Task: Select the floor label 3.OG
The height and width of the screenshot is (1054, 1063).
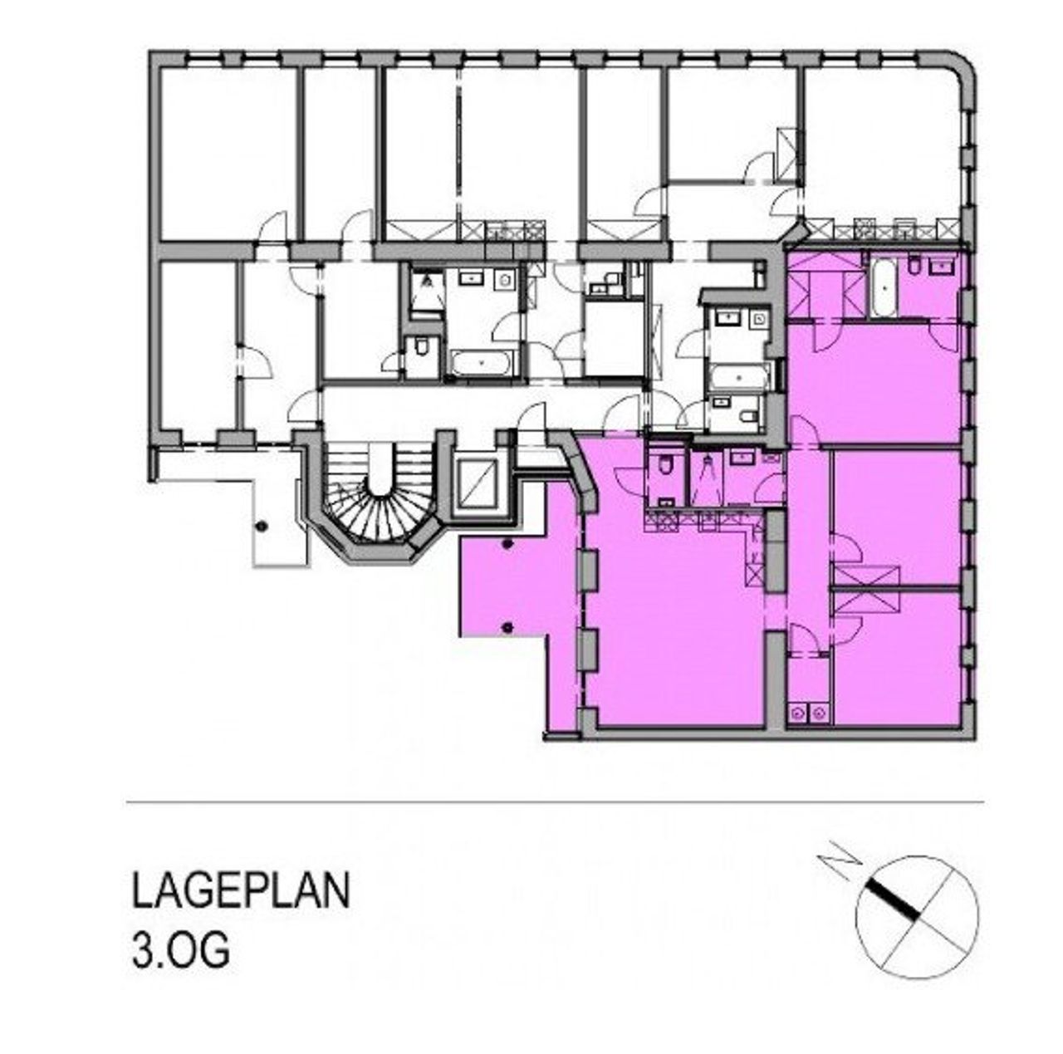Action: click(x=181, y=947)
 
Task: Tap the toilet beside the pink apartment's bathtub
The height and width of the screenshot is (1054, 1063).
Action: click(x=915, y=268)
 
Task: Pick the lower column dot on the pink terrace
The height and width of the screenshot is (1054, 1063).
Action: click(x=508, y=627)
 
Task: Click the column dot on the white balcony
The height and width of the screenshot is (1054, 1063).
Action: click(x=262, y=527)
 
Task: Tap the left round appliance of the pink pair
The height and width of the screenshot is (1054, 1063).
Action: click(x=797, y=713)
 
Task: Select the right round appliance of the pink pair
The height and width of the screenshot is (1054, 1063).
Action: click(x=819, y=713)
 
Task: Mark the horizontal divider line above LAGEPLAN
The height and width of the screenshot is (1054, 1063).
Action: click(x=555, y=802)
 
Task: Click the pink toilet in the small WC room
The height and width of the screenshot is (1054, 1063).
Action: click(x=666, y=467)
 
